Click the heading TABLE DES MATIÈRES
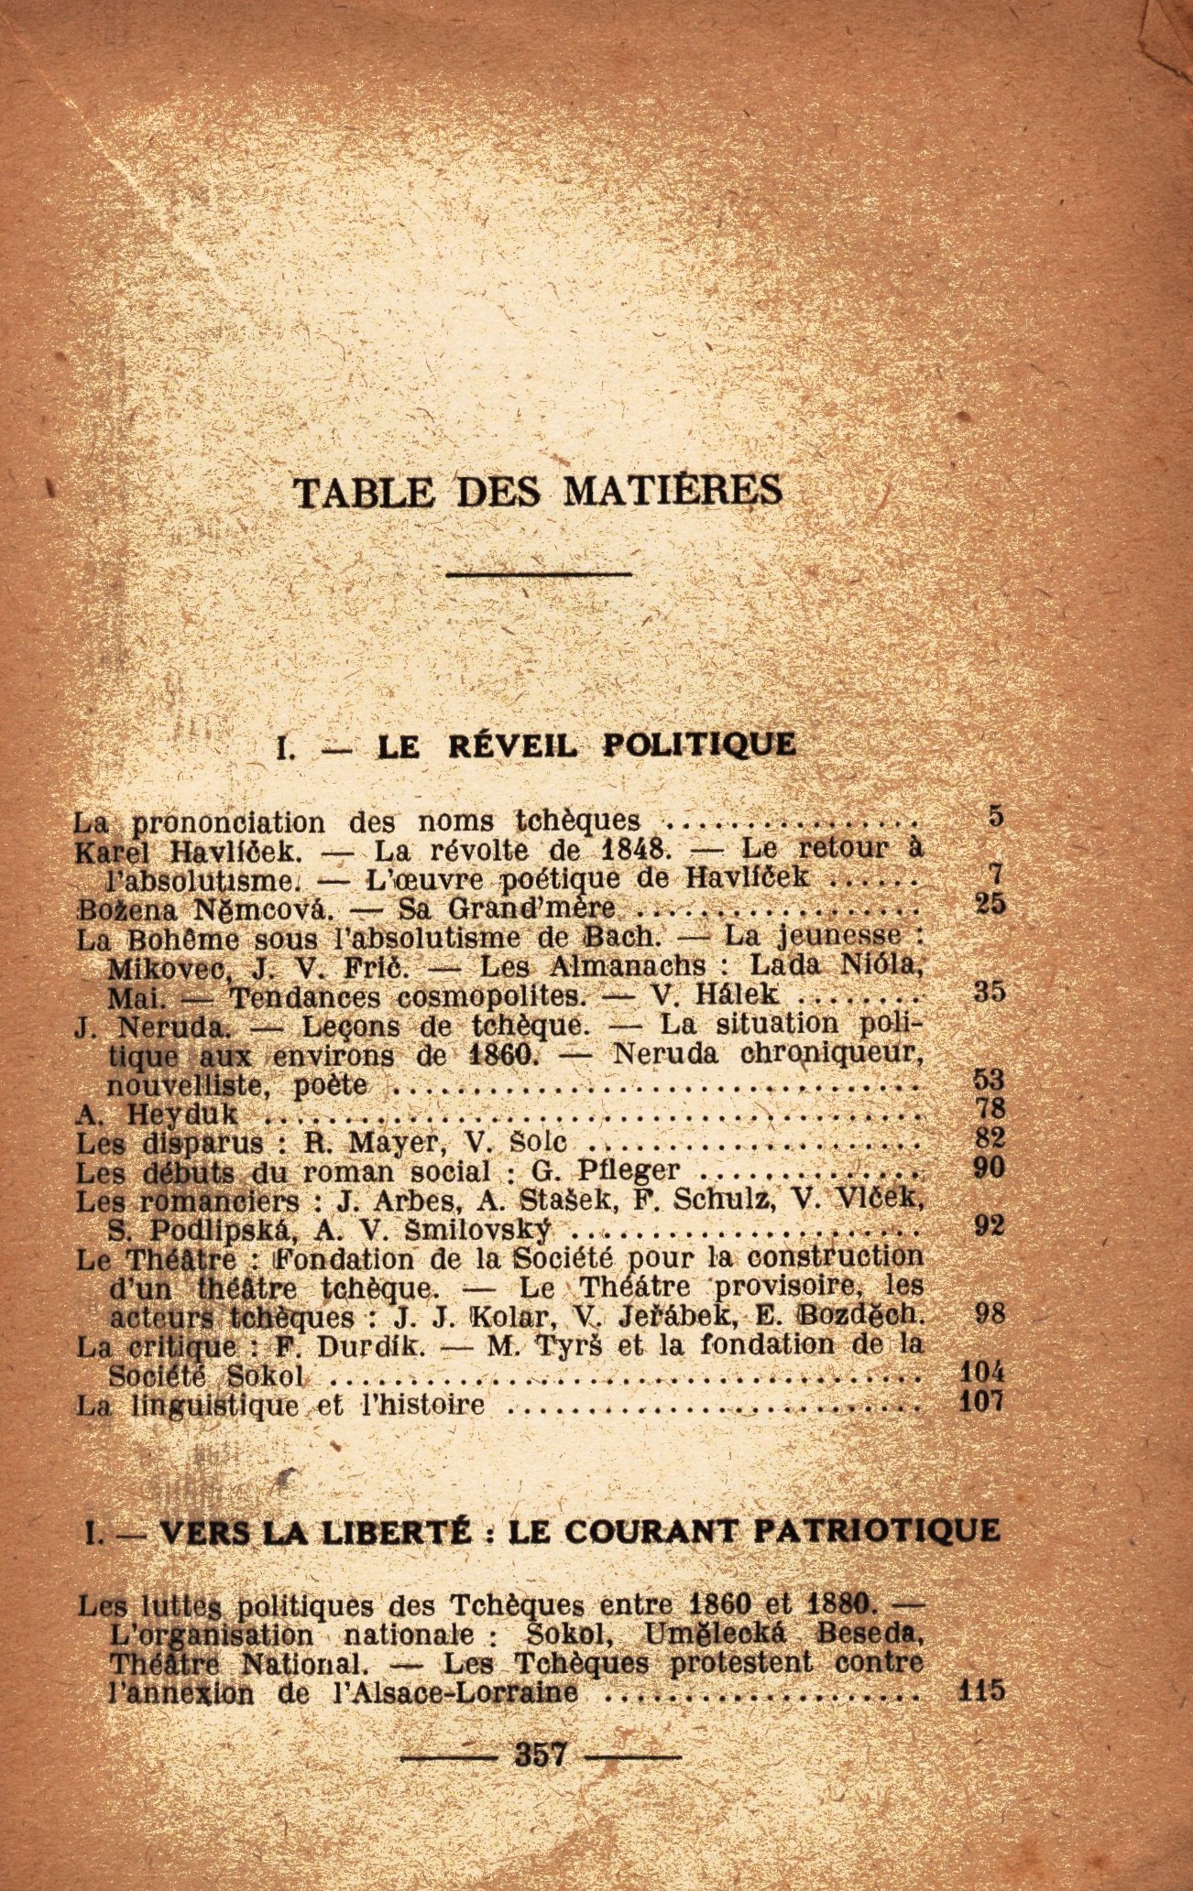(539, 492)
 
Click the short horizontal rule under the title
(540, 574)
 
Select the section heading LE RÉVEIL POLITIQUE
(586, 744)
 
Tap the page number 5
(996, 816)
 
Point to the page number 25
(991, 904)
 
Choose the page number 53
(990, 1081)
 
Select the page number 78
(991, 1109)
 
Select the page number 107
(982, 1401)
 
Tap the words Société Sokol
(205, 1376)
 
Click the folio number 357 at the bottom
(542, 1755)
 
